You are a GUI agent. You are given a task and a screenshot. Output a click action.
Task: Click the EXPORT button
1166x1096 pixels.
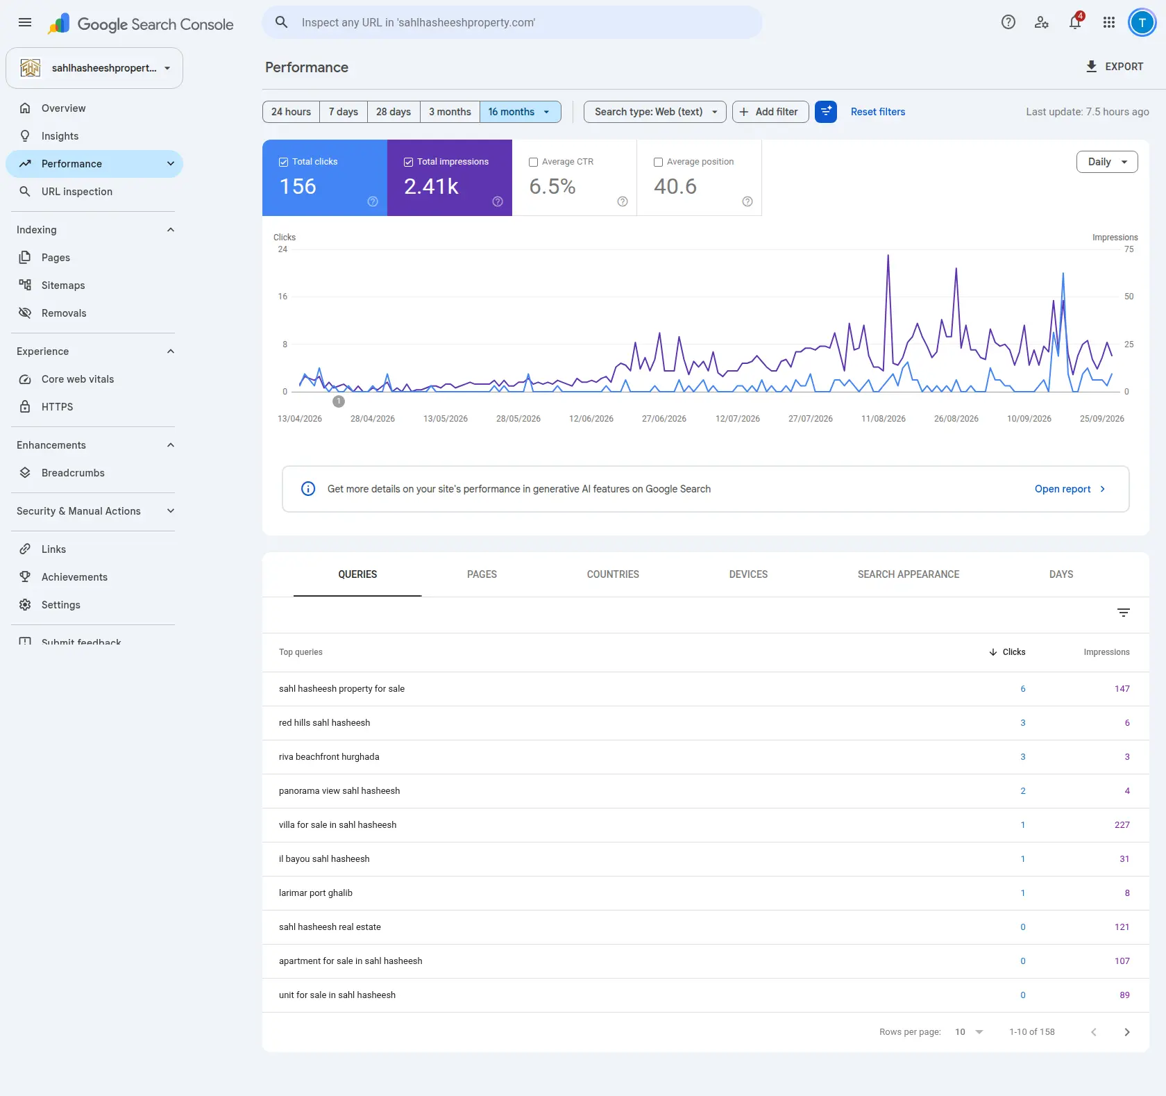(1114, 67)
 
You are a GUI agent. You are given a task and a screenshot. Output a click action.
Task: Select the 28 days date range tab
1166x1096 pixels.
(394, 112)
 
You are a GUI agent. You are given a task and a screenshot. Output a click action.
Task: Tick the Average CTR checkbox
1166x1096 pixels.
(534, 162)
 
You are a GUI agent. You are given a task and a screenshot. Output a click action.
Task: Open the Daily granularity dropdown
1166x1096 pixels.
(1107, 162)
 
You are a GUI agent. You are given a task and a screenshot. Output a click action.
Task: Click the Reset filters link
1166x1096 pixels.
(878, 112)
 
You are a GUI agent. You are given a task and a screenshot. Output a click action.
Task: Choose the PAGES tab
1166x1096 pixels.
(482, 574)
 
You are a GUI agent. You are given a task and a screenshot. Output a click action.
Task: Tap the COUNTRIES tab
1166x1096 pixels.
(613, 574)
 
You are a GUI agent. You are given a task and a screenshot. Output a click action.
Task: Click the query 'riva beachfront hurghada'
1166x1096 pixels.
(329, 757)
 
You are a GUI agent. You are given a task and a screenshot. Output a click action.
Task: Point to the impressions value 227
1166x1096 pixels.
(1122, 825)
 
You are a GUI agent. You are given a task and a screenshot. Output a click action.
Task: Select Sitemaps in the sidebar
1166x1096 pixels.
(63, 285)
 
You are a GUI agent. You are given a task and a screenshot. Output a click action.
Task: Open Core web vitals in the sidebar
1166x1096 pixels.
(78, 379)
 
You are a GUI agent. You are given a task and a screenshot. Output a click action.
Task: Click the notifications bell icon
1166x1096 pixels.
(1075, 22)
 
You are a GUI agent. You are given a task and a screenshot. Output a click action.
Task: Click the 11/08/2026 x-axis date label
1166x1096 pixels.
(884, 419)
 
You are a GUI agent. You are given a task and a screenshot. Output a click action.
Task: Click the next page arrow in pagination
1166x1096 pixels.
(1127, 1032)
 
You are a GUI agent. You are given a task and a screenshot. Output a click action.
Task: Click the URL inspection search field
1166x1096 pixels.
(512, 22)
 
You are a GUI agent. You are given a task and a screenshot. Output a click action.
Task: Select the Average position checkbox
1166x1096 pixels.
(659, 162)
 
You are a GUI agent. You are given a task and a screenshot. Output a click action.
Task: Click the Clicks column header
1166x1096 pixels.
(1008, 652)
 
